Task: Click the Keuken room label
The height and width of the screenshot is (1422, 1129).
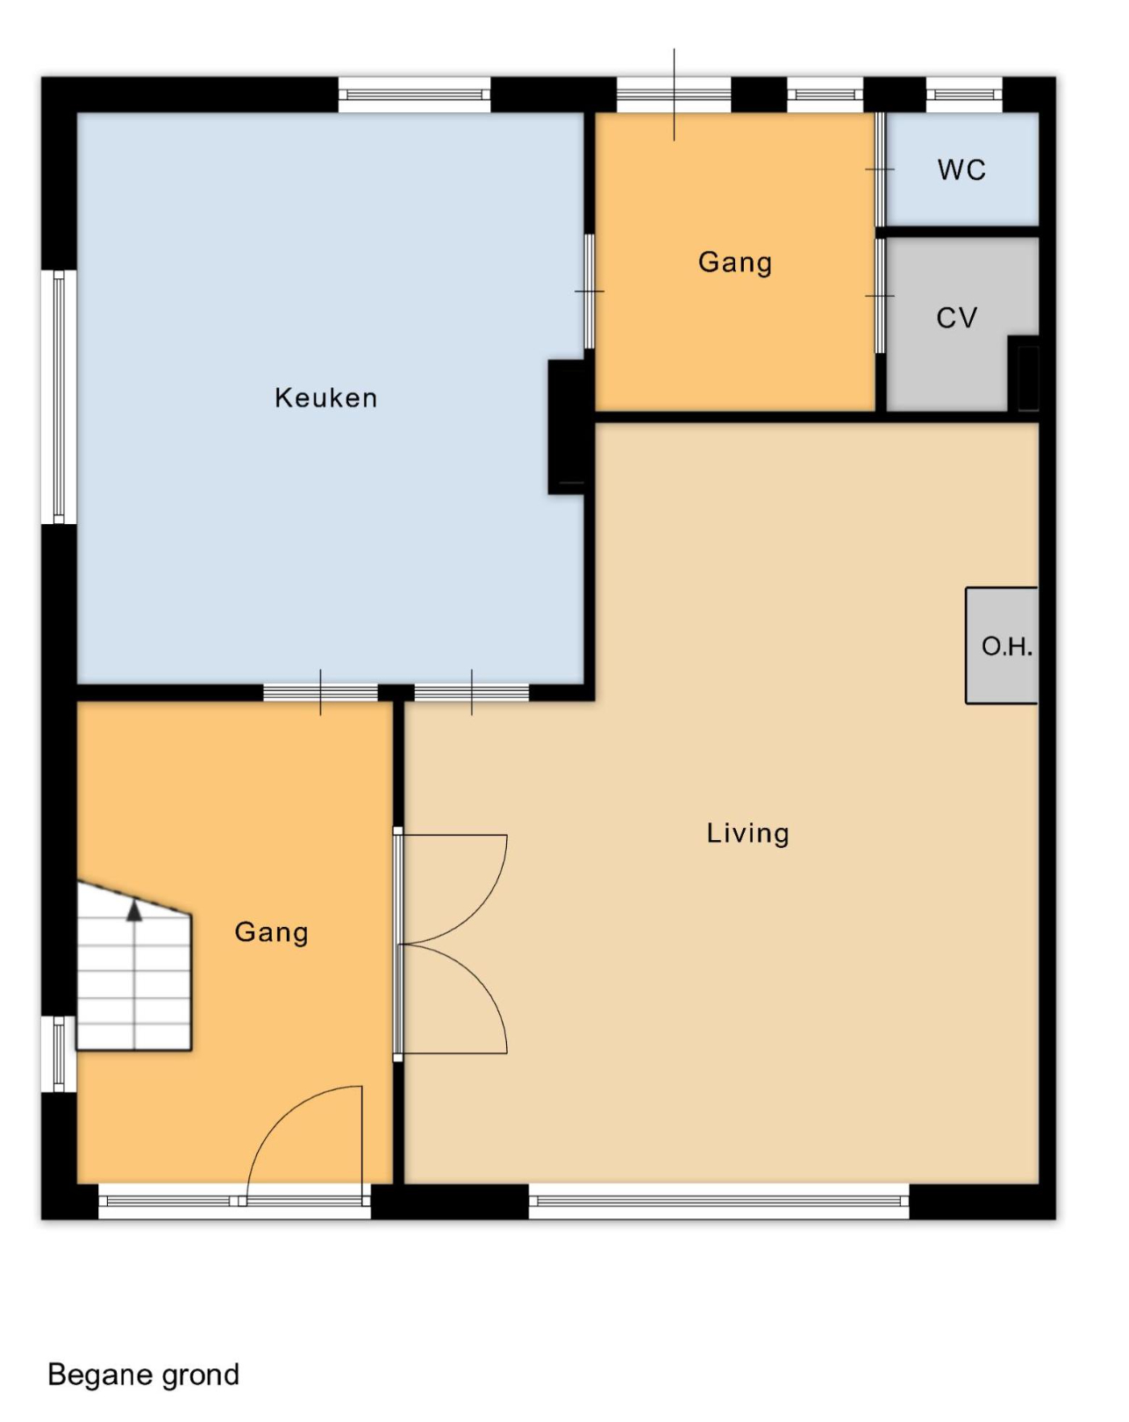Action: [x=325, y=398]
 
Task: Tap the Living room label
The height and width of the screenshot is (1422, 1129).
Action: [x=747, y=833]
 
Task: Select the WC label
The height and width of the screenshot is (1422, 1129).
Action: [x=961, y=169]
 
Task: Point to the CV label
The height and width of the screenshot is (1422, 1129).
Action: [x=956, y=318]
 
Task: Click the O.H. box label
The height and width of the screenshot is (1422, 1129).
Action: [x=1006, y=646]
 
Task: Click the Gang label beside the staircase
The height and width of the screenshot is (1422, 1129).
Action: [x=271, y=933]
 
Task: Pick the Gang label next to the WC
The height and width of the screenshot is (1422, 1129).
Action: [x=734, y=262]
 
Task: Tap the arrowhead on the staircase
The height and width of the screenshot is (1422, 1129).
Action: [x=134, y=911]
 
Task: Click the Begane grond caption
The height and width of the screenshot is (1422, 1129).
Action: [x=143, y=1375]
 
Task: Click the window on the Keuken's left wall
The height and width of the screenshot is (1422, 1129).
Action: [x=59, y=397]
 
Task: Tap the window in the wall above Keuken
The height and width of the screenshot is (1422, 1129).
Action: [x=414, y=95]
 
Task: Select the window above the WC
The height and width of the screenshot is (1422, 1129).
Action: [x=964, y=95]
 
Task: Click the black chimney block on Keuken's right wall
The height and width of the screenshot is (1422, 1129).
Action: [x=567, y=427]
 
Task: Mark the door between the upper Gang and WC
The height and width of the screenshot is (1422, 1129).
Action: [x=879, y=169]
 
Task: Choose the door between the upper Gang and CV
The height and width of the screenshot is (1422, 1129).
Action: [x=879, y=296]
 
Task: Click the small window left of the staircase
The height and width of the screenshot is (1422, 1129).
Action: [x=59, y=1054]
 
